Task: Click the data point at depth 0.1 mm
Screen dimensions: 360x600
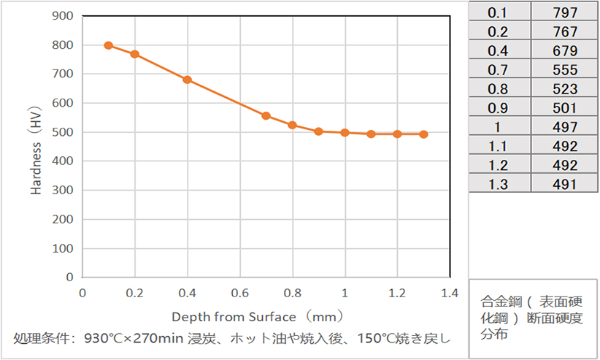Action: point(108,45)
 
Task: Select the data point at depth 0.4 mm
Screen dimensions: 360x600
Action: point(187,80)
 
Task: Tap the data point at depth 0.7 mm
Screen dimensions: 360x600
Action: point(266,115)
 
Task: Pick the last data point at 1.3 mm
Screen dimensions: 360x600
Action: point(423,134)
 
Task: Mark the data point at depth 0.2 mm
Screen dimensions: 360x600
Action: point(134,54)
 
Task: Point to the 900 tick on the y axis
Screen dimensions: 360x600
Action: point(64,16)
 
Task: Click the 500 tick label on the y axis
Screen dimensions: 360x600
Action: point(64,132)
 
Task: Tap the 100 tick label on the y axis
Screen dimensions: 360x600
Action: point(64,248)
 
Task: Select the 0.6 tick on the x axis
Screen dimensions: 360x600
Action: point(239,293)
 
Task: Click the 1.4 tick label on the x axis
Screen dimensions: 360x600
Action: point(450,293)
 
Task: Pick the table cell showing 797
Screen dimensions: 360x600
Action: point(565,12)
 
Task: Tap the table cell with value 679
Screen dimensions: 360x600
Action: point(565,51)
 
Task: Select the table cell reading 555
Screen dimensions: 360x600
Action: point(565,70)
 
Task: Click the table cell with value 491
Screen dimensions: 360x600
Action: point(565,184)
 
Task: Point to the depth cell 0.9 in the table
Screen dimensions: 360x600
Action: point(499,108)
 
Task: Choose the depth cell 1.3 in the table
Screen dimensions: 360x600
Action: point(499,184)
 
